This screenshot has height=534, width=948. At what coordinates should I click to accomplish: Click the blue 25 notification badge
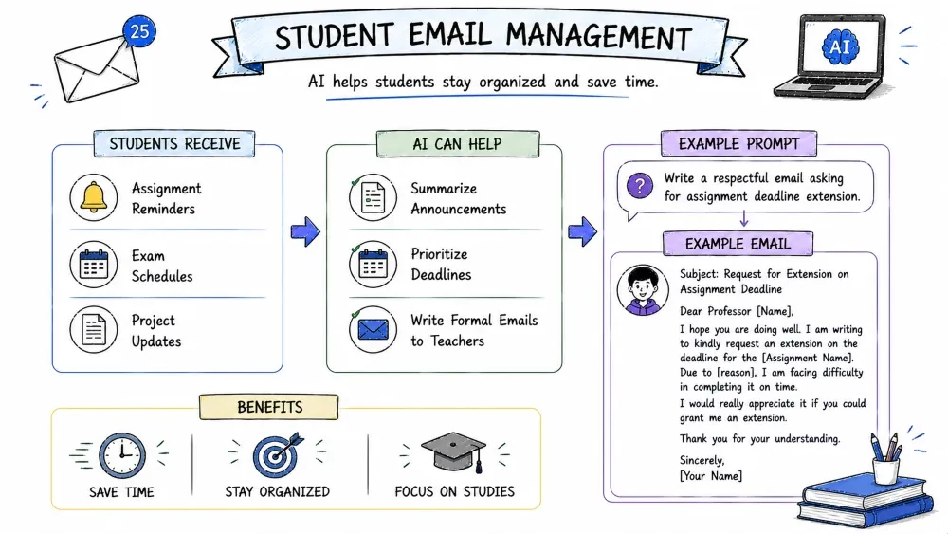click(x=139, y=31)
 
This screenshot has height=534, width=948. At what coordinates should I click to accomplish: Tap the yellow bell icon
click(x=94, y=197)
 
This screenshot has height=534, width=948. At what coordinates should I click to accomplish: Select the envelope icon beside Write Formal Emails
click(x=373, y=329)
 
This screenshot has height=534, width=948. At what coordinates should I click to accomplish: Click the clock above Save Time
click(x=122, y=455)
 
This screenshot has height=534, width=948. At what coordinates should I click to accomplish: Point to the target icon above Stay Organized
click(x=277, y=454)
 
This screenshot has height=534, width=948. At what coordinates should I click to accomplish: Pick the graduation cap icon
click(x=454, y=451)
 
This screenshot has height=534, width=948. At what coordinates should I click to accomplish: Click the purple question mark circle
click(x=640, y=186)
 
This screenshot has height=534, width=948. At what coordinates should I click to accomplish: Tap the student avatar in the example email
click(x=643, y=290)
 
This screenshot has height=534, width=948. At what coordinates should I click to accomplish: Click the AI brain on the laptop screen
click(x=840, y=46)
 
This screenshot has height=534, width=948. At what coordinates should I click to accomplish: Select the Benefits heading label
click(x=269, y=407)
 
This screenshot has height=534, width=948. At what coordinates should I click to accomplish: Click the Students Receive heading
click(x=174, y=144)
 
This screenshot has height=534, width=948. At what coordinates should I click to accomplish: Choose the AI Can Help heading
click(x=458, y=144)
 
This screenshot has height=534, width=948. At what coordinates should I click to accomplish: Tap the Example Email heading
click(x=738, y=244)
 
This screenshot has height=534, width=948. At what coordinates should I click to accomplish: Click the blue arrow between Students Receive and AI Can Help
click(x=305, y=231)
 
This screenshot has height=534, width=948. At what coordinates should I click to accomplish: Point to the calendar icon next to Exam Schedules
click(x=94, y=265)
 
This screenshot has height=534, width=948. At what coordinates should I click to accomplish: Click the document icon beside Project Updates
click(x=94, y=329)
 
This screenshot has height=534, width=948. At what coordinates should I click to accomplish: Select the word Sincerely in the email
click(x=702, y=460)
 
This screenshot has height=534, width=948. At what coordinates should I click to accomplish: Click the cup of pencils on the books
click(x=885, y=460)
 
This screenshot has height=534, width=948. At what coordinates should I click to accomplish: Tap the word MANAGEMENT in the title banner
click(x=598, y=37)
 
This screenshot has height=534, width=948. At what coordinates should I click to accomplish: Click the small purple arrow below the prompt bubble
click(x=744, y=219)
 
